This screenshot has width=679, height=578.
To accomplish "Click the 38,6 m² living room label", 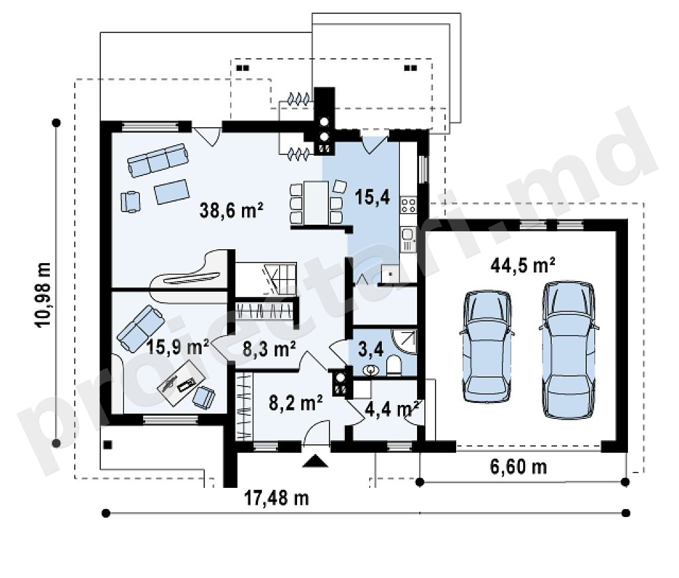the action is click(x=231, y=210).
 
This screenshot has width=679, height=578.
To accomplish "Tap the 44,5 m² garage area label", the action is click(x=523, y=264).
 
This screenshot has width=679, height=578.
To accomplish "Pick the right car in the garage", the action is click(x=568, y=350).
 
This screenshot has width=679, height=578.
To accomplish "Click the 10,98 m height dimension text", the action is click(x=44, y=294).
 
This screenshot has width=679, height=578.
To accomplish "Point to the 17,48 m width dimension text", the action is click(x=277, y=498).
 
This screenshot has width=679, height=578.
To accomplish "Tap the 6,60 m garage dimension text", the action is click(x=519, y=467).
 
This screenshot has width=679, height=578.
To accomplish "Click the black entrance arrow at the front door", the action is click(x=315, y=461).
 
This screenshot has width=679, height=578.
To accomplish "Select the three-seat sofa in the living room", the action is click(x=158, y=160).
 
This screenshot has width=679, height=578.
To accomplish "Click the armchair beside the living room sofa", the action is click(x=131, y=202).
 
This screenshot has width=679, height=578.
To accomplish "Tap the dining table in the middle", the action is click(x=316, y=203).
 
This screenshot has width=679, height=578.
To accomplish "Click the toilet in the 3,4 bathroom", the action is click(x=394, y=365).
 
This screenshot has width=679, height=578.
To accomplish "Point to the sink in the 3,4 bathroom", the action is click(x=371, y=370).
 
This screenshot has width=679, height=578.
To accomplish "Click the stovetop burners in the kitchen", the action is click(x=408, y=204).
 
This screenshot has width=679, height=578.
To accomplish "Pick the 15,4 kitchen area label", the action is click(x=372, y=197).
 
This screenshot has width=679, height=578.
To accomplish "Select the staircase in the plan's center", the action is click(x=266, y=278).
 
